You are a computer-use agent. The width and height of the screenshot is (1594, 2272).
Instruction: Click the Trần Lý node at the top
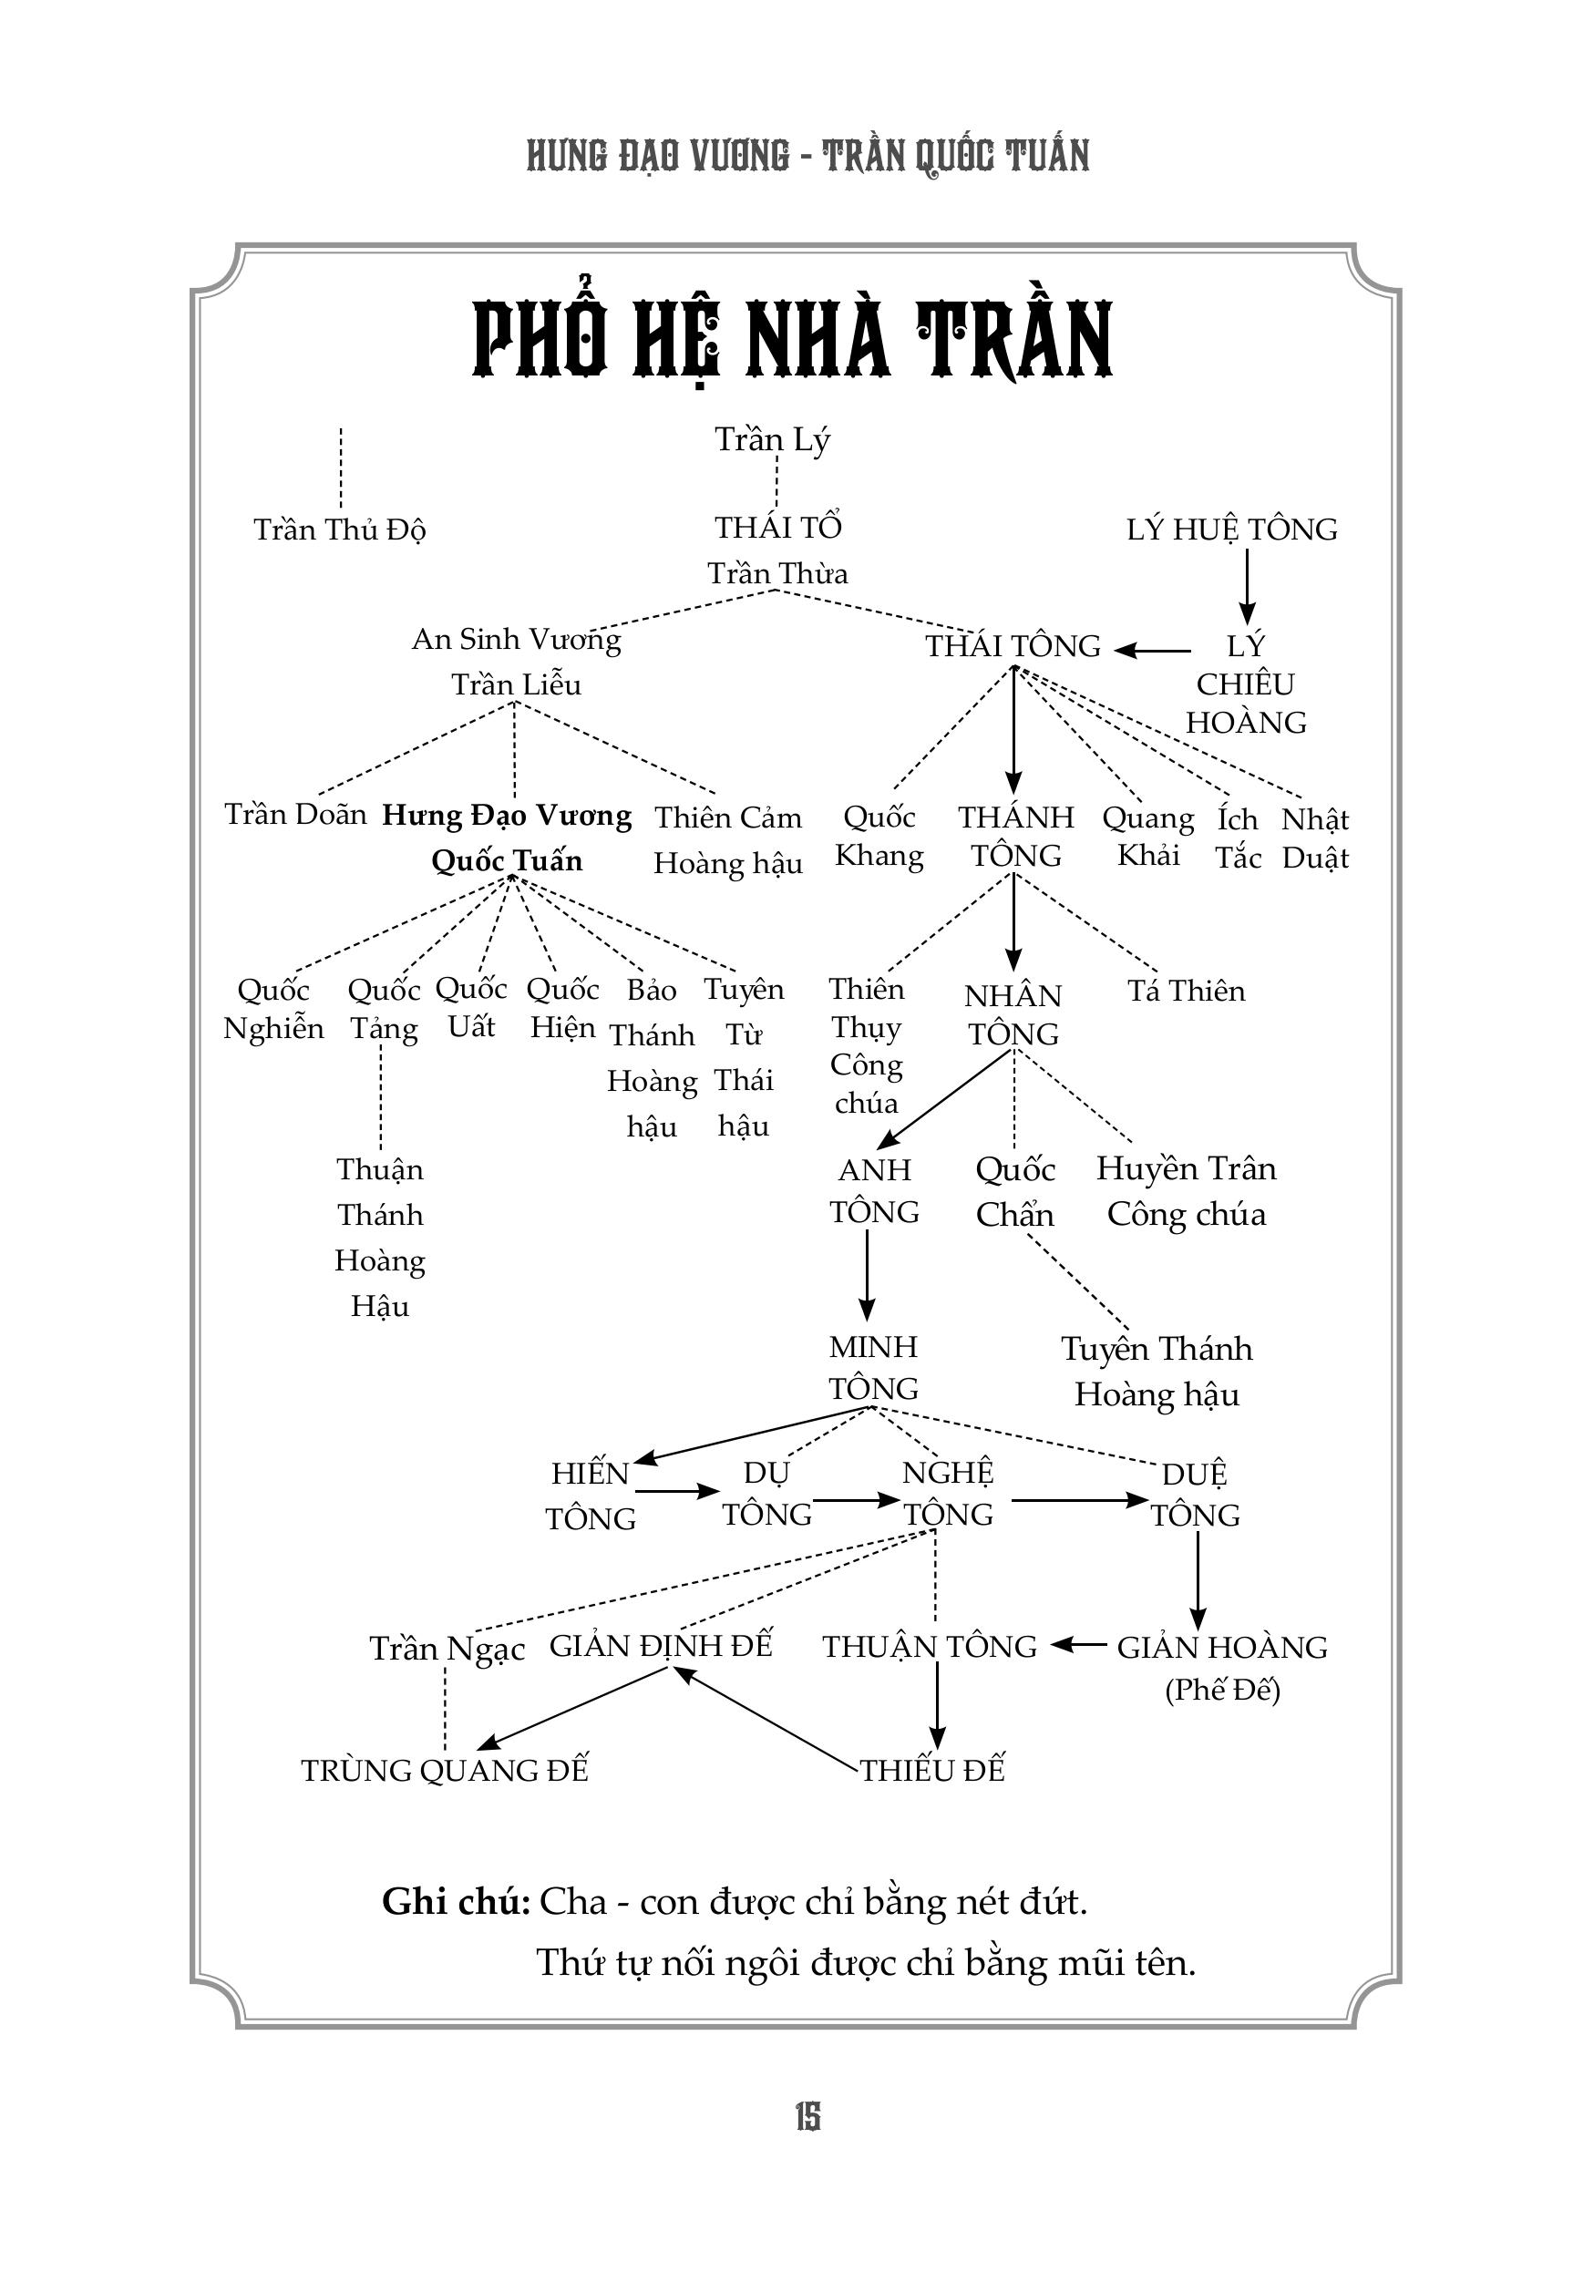pos(772,439)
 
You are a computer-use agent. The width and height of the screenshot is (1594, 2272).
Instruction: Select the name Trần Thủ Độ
pos(339,529)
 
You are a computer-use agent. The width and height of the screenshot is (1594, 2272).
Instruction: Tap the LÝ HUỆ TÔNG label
pos(1231,529)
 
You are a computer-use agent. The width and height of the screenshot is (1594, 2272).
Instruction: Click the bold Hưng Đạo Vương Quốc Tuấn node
pos(507,838)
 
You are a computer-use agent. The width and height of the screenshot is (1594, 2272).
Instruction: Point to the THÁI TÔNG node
pos(1013,646)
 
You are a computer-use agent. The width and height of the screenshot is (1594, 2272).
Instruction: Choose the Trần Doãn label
pos(295,815)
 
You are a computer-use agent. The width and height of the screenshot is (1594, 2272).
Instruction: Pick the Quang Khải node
pos(1147,837)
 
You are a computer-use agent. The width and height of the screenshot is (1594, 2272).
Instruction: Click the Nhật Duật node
pos(1315,838)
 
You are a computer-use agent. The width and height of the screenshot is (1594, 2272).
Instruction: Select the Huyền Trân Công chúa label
pos(1186,1190)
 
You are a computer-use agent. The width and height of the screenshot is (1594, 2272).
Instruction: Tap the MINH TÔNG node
pos(873,1366)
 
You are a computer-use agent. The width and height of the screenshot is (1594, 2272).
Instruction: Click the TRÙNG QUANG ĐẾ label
pos(444,1770)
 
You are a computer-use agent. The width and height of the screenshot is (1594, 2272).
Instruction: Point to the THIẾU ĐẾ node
pos(932,1770)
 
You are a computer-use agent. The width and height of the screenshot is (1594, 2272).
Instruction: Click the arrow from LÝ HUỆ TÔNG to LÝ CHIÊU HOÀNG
pos(1247,586)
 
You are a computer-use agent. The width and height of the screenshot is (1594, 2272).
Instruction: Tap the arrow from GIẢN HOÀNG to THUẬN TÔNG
pos(1078,1646)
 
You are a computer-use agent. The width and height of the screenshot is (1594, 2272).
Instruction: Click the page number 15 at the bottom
pos(807,2117)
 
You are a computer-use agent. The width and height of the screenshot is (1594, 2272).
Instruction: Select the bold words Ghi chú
pos(456,1902)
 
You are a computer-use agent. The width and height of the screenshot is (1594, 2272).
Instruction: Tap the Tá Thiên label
pos(1186,991)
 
